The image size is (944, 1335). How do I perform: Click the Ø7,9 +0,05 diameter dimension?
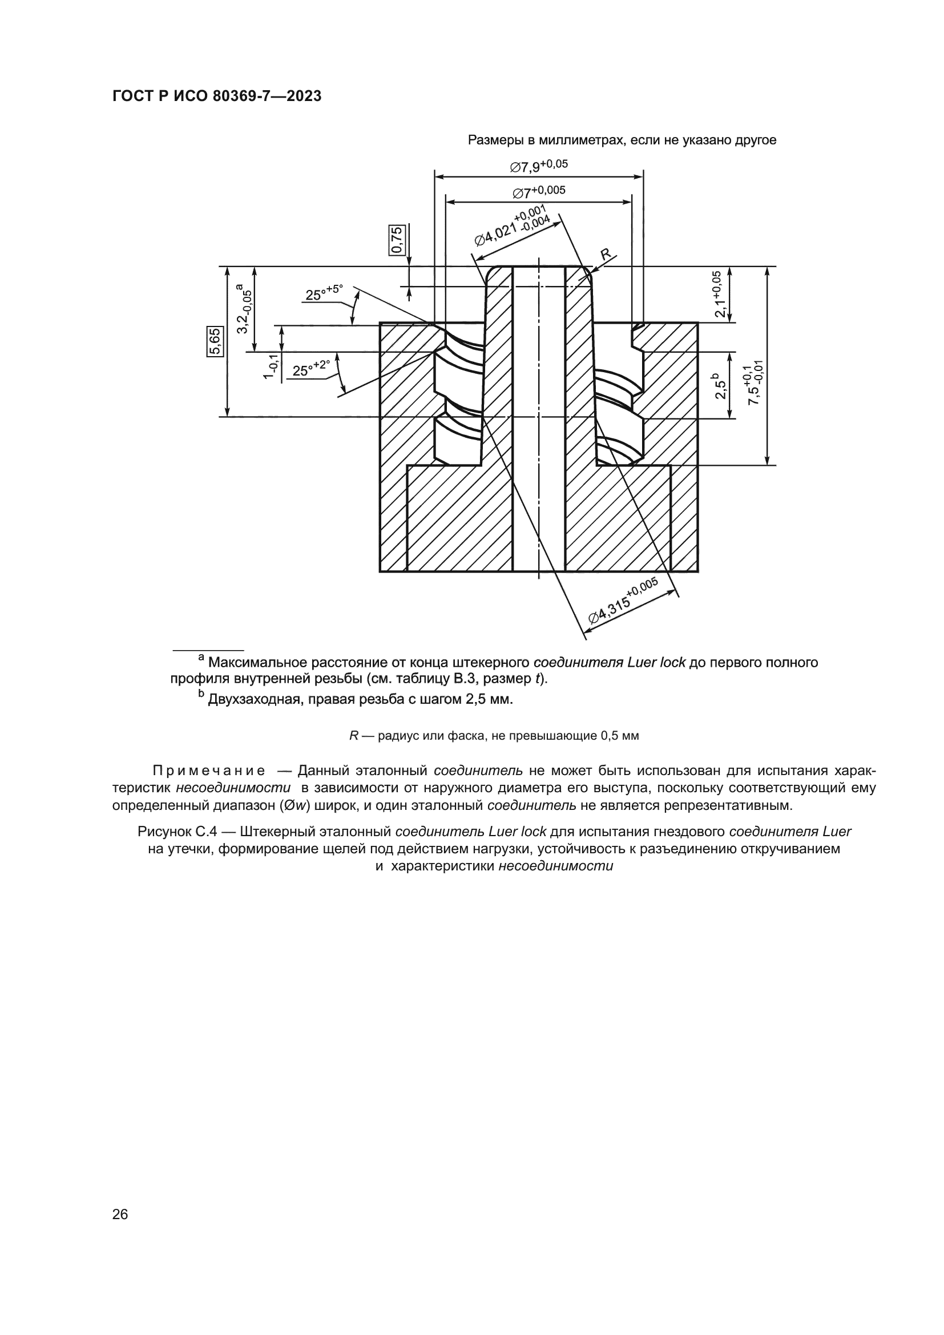click(539, 166)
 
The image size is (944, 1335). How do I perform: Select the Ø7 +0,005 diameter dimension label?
click(539, 191)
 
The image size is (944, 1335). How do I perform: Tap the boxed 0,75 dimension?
click(397, 240)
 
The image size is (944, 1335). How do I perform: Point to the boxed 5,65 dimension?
click(214, 341)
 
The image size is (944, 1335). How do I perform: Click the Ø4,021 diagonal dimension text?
click(512, 225)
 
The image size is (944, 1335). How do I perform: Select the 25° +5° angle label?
click(324, 292)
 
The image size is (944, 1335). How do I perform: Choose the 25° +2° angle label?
click(311, 368)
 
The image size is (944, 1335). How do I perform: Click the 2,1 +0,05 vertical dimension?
click(719, 294)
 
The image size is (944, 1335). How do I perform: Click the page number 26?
click(120, 1214)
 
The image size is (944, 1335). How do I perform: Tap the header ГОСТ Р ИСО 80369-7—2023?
click(217, 96)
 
